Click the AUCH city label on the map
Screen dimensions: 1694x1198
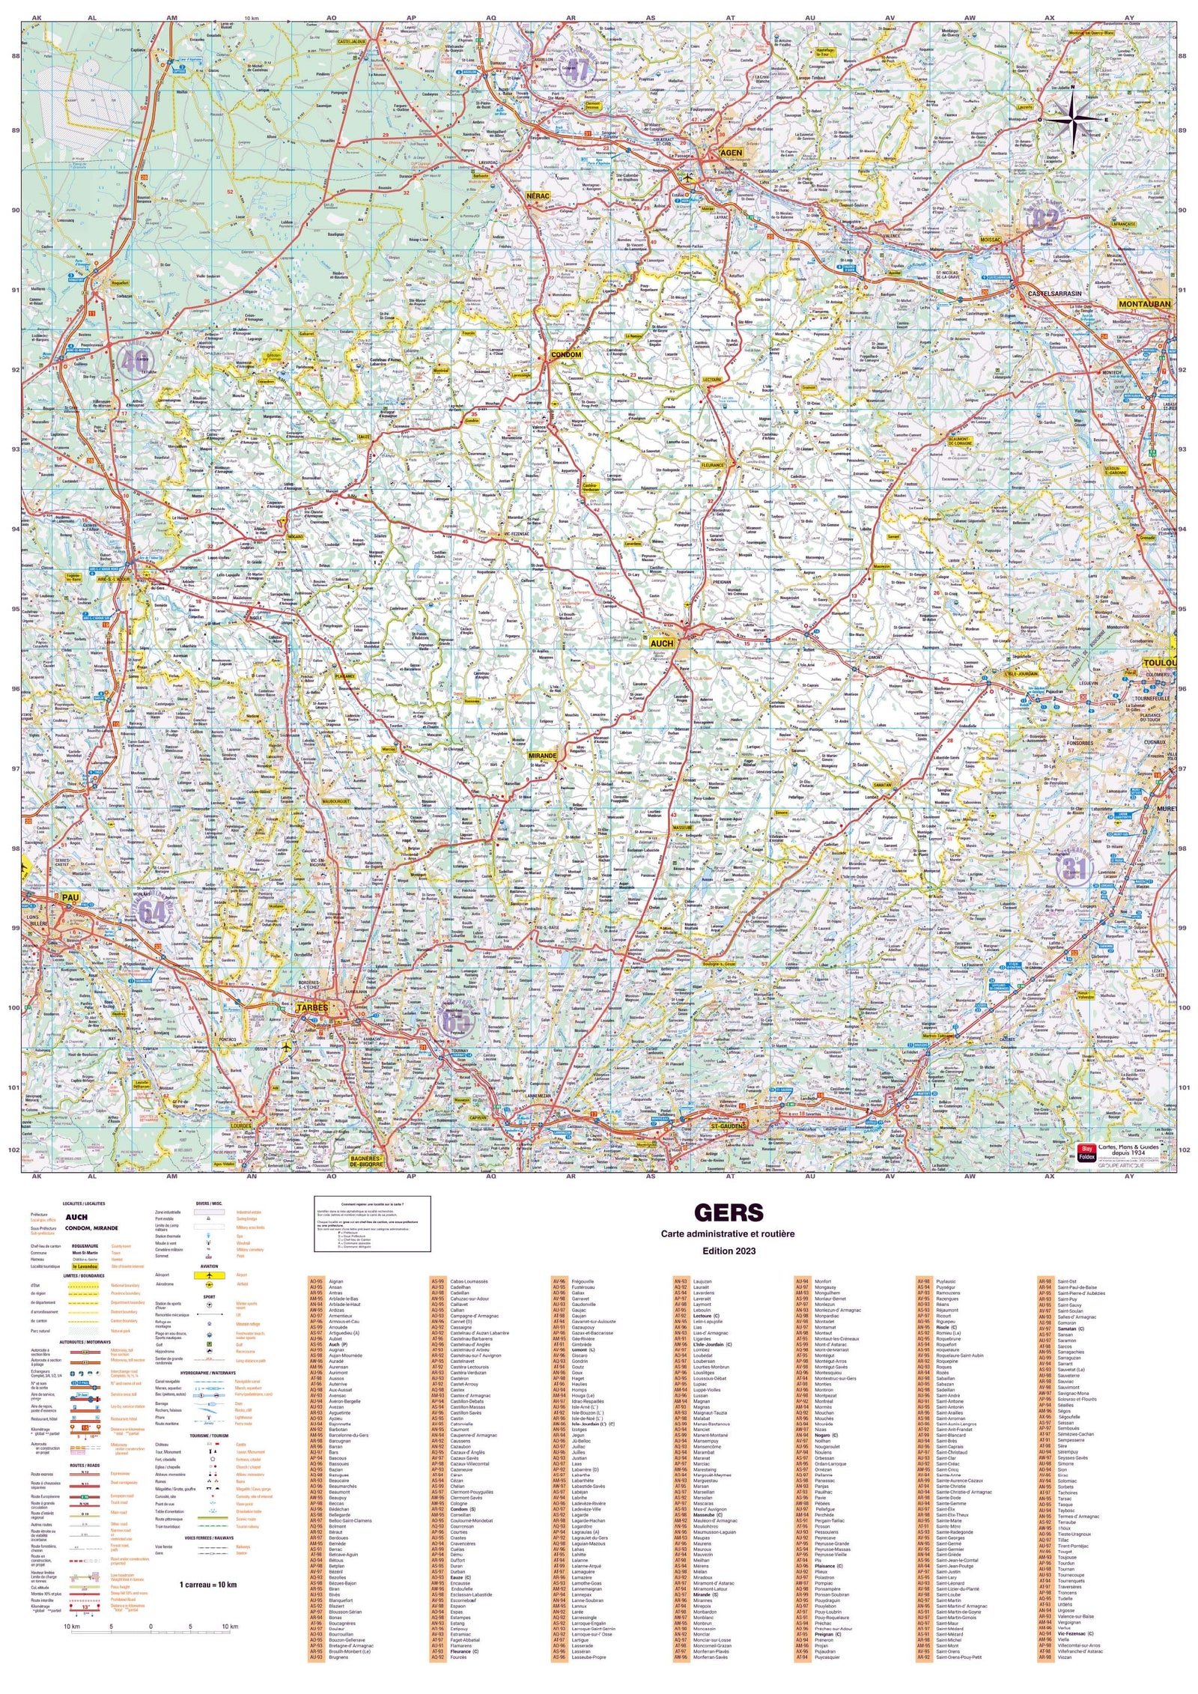(661, 643)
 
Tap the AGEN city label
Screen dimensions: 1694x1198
(730, 153)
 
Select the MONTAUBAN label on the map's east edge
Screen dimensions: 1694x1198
(1144, 304)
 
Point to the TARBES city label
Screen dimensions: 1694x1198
(311, 1008)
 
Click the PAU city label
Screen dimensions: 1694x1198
(70, 897)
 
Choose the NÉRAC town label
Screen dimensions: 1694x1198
(538, 196)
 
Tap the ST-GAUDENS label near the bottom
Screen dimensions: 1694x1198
(728, 1126)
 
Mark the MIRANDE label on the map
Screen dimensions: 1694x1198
(542, 756)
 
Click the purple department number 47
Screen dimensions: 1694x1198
(577, 70)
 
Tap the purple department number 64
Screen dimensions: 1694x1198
(152, 912)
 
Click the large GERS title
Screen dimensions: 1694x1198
(717, 1213)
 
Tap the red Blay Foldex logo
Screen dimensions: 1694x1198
(1086, 1150)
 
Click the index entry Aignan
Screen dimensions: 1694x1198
(336, 1281)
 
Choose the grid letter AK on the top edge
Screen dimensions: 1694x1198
(37, 16)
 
